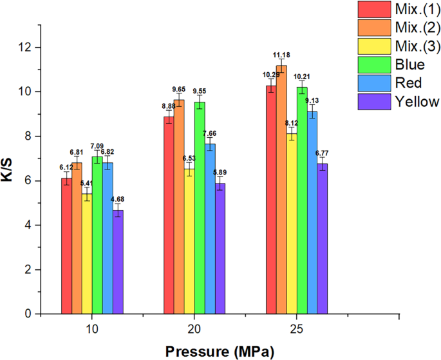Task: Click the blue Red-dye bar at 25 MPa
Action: [x=312, y=213]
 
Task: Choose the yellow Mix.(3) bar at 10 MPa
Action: [x=87, y=254]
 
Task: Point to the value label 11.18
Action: [x=281, y=55]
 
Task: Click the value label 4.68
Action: [x=118, y=199]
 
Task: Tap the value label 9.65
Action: [x=179, y=89]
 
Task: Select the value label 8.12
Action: [x=292, y=123]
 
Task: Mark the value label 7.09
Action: [x=97, y=146]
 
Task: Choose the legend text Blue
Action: [x=410, y=64]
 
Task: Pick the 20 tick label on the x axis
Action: [x=194, y=328]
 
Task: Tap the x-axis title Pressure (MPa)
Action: [x=219, y=351]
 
